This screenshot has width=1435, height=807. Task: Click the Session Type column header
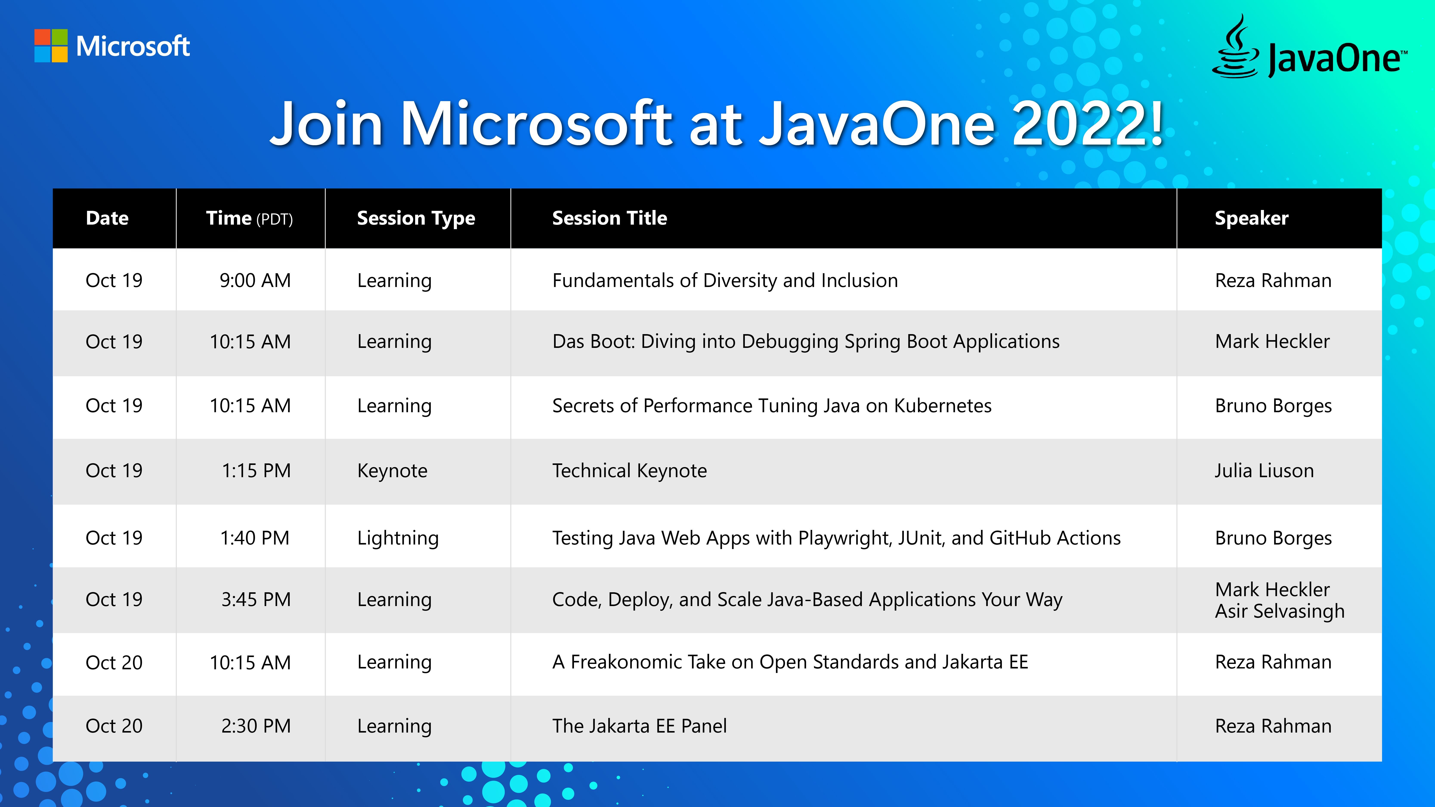click(x=416, y=218)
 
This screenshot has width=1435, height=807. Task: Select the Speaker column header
click(x=1252, y=218)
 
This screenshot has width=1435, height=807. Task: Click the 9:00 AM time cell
click(x=255, y=280)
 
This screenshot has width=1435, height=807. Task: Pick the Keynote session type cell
click(x=392, y=471)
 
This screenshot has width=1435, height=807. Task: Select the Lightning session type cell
click(x=398, y=538)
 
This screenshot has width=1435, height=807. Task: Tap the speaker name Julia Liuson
click(x=1264, y=471)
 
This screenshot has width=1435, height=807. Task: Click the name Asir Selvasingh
click(x=1280, y=611)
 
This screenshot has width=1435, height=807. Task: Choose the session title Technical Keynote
click(x=629, y=471)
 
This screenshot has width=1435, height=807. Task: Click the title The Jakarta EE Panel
click(x=640, y=726)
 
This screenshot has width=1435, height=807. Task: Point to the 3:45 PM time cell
click(x=256, y=599)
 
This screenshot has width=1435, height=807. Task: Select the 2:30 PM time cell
click(x=256, y=726)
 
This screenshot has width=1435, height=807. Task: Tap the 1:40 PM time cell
click(x=255, y=538)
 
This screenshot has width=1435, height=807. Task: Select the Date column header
click(x=107, y=218)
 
